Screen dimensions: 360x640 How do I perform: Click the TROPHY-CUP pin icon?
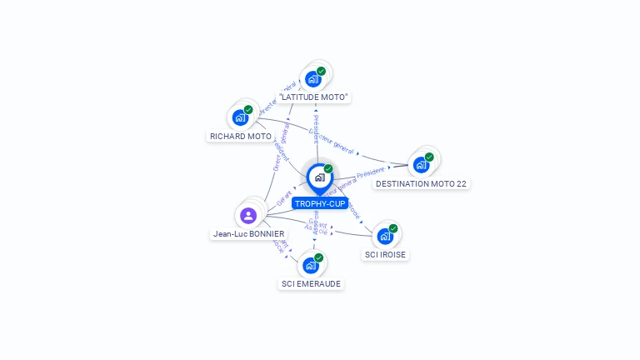point(319,177)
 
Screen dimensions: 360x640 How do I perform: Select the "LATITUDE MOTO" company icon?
point(313,78)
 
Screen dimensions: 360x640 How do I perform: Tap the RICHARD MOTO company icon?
point(241,117)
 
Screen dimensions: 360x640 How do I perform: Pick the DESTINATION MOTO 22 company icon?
point(421,164)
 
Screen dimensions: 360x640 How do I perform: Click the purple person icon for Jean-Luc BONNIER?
point(247,216)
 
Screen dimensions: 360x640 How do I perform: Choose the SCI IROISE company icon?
point(385,236)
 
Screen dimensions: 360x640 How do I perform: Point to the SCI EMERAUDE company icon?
point(311,265)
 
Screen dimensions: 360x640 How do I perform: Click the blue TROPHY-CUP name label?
point(320,203)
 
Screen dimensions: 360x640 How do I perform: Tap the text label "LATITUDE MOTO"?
point(313,97)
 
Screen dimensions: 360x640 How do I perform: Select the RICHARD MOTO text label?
point(241,136)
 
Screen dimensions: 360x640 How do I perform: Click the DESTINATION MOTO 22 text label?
point(421,183)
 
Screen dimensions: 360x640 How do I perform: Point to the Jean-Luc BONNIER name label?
point(248,234)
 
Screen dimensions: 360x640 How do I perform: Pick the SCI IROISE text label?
point(385,255)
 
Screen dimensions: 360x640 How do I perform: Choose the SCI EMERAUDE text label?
point(311,283)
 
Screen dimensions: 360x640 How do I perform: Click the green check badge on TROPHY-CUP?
point(328,168)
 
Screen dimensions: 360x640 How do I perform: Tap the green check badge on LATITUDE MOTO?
point(322,71)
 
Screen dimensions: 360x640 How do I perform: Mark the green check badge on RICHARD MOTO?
point(248,109)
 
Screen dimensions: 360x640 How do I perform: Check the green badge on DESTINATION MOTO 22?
point(429,157)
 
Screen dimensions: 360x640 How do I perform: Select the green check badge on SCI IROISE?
point(393,228)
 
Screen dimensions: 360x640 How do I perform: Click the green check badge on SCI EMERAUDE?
point(319,257)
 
